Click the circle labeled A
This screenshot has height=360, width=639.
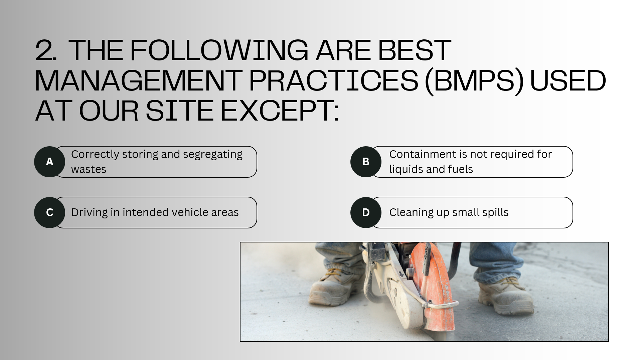coord(49,162)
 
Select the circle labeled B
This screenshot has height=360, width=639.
coord(366,162)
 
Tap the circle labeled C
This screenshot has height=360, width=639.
coord(49,212)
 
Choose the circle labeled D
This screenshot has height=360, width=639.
coord(366,212)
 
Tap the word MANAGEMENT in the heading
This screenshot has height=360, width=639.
coord(138,80)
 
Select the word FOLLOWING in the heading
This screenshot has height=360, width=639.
coord(219,50)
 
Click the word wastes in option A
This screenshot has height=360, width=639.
coord(89,169)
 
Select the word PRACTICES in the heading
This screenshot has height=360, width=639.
coord(334,80)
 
